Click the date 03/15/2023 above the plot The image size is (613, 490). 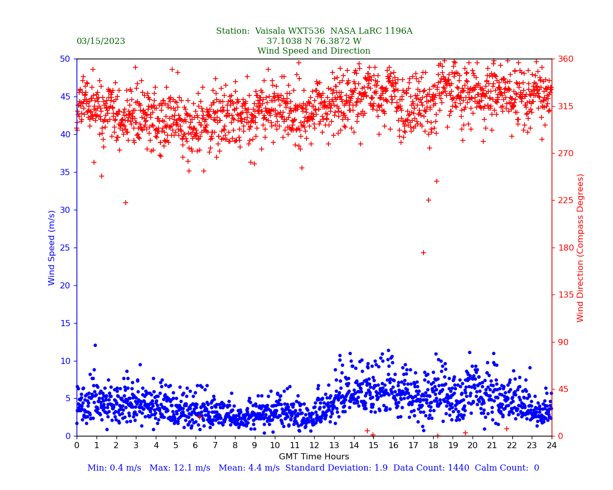101,41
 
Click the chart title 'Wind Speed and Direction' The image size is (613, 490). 314,51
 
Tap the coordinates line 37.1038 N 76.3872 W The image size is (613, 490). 314,41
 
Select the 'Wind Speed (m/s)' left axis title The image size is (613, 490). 52,248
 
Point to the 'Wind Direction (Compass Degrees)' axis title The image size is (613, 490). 580,248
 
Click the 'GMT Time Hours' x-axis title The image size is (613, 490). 314,457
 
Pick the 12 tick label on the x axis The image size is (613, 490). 314,445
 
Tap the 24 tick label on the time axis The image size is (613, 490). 552,445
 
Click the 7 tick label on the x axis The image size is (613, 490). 215,445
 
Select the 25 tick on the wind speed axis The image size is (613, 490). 65,248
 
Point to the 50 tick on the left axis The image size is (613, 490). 65,59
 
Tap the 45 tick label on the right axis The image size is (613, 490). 561,389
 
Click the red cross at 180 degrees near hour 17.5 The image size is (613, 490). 423,253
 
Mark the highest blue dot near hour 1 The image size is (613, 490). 95,345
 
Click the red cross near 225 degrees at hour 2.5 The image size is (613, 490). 126,203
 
